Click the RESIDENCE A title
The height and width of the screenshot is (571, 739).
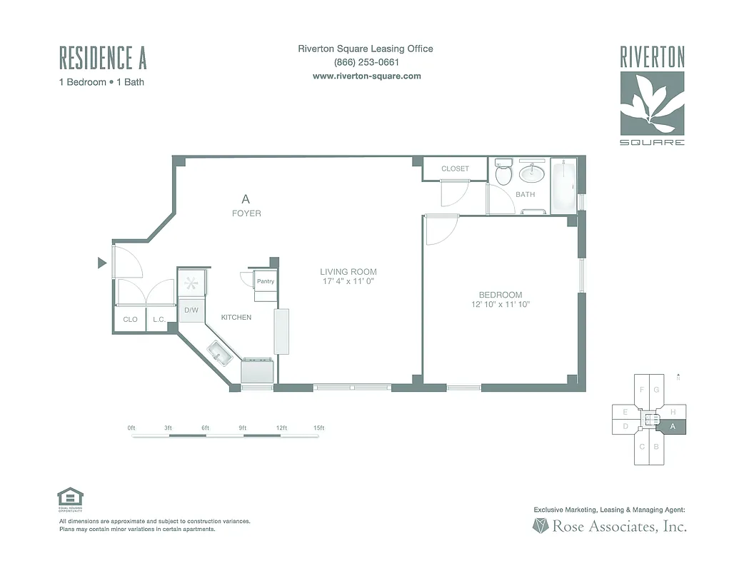(x=103, y=57)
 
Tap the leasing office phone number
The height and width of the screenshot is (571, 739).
(x=365, y=62)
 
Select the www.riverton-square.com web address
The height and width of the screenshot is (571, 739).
(x=366, y=76)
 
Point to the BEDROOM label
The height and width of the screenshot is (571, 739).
(x=500, y=295)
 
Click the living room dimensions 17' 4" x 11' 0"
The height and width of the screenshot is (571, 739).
(x=348, y=282)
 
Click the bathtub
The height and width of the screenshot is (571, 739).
(x=564, y=186)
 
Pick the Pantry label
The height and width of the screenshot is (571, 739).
(x=266, y=281)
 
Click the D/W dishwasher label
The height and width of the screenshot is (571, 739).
(x=191, y=310)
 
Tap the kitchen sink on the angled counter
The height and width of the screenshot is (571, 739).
(x=219, y=353)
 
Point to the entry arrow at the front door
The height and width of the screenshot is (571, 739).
(x=101, y=263)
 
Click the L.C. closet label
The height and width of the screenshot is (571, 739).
(x=159, y=320)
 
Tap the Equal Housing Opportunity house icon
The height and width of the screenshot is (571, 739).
(x=70, y=497)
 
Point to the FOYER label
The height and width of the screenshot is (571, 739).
(x=246, y=213)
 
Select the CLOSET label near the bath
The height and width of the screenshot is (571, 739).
(x=455, y=169)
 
